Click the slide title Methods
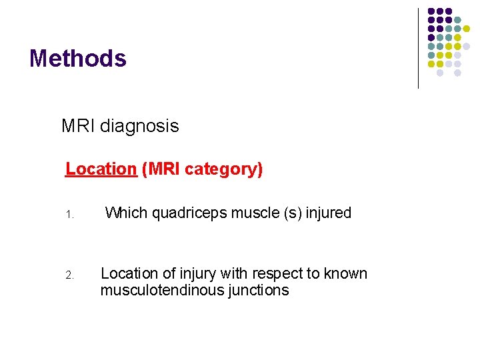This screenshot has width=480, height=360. tap(77, 59)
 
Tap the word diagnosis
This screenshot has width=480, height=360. tap(139, 126)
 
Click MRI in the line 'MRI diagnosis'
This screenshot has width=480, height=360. tap(78, 126)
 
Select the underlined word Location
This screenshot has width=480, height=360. tap(101, 169)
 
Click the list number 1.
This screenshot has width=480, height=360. tap(69, 215)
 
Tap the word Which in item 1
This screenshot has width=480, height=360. tap(126, 213)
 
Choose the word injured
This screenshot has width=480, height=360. tap(328, 213)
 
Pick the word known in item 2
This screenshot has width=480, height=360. tap(340, 273)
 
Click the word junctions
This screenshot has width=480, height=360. tap(255, 290)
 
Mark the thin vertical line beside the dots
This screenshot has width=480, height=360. tap(418, 48)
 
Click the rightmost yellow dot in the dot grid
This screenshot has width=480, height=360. tap(467, 29)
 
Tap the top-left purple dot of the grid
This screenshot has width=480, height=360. tap(431, 12)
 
